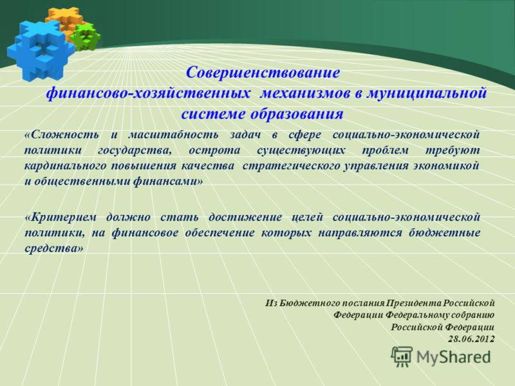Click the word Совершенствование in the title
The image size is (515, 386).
pos(263,72)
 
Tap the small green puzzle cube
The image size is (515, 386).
pos(85,37)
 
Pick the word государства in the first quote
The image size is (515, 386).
pos(135,150)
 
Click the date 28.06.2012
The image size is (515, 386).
pos(471,338)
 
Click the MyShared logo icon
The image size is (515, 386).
pos(402,356)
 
